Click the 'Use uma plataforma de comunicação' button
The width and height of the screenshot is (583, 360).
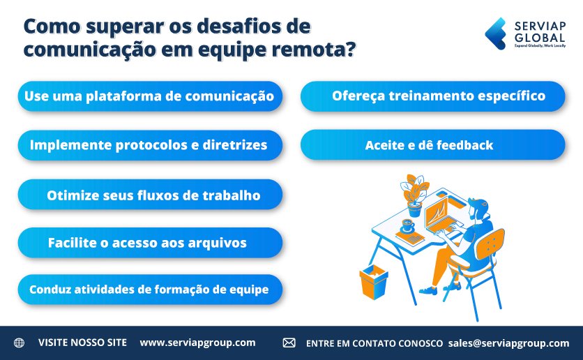150,96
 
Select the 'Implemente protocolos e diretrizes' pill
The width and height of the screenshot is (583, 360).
150,145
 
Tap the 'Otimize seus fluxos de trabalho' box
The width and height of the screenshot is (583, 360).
150,195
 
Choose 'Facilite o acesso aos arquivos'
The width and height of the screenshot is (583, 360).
150,243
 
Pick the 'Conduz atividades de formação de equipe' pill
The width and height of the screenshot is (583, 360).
150,290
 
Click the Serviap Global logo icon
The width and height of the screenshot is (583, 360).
496,33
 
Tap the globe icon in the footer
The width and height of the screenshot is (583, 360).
19,343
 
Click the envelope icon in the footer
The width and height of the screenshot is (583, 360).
289,343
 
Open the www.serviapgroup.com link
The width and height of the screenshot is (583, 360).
197,343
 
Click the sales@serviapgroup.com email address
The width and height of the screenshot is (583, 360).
509,343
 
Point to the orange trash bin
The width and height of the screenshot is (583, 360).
374,281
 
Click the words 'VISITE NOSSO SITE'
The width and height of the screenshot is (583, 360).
82,343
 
